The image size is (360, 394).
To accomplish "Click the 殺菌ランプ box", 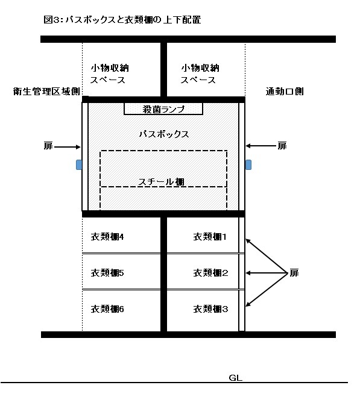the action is (x=163, y=108).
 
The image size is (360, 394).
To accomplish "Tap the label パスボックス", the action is (x=164, y=134).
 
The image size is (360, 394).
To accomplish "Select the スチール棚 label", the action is (x=161, y=182).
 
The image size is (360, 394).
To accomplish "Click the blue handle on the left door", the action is (x=79, y=164).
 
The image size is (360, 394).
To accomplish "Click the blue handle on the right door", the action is (x=248, y=164).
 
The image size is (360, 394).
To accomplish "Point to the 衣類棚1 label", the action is (x=210, y=237).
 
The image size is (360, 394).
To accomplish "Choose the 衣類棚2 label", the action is (x=210, y=273).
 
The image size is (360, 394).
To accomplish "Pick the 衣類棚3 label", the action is (x=210, y=309).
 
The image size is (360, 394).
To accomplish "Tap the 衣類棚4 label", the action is (x=107, y=237).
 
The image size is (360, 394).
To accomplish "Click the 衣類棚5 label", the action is (x=107, y=273).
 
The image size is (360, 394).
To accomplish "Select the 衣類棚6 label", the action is (x=107, y=309).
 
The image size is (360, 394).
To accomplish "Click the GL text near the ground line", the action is (x=235, y=378).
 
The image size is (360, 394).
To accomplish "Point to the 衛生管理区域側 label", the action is (x=46, y=91).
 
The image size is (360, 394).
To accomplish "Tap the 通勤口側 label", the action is (x=285, y=91).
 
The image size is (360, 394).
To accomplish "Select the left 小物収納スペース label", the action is (x=109, y=74).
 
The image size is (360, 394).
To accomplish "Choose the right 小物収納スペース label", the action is (x=200, y=74).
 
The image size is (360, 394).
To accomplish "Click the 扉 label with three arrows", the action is (x=294, y=273).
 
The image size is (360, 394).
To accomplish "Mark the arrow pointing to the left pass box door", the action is (x=68, y=147).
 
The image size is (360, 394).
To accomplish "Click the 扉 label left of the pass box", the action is (x=48, y=146).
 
